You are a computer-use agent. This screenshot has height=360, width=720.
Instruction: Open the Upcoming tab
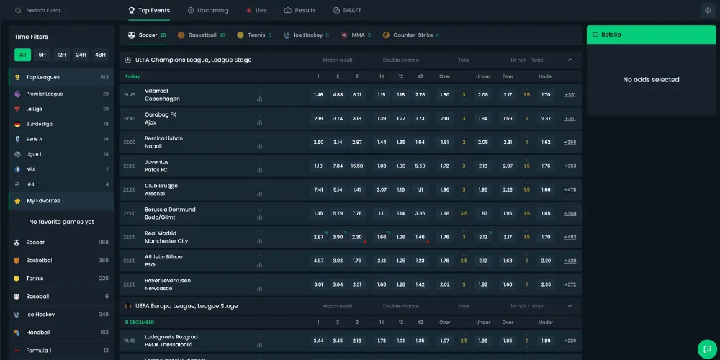coord(207,11)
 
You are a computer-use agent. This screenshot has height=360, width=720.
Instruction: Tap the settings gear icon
coord(706,11)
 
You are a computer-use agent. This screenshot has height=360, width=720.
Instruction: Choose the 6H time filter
coord(42,55)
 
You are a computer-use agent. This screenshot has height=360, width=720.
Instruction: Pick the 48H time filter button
coord(100,55)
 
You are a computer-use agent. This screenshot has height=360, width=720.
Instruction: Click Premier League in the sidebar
coord(44,94)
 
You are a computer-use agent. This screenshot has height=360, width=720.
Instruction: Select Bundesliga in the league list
coord(40,124)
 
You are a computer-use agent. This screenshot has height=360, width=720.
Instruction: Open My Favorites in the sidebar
coord(43,201)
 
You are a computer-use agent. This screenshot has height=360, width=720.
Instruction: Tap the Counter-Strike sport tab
coord(410,35)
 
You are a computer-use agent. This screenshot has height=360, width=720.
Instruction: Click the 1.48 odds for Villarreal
coord(319,95)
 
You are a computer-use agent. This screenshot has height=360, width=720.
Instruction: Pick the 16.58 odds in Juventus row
coord(357,166)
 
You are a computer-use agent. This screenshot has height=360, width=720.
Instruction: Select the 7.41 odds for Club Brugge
coord(319,190)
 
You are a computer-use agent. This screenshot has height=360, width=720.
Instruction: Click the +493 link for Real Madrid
coord(570,237)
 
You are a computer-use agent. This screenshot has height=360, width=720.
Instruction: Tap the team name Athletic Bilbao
coord(163,257)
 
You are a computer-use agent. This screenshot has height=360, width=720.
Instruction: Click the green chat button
coord(707,348)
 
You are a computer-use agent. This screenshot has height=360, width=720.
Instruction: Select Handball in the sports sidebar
coord(38,333)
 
